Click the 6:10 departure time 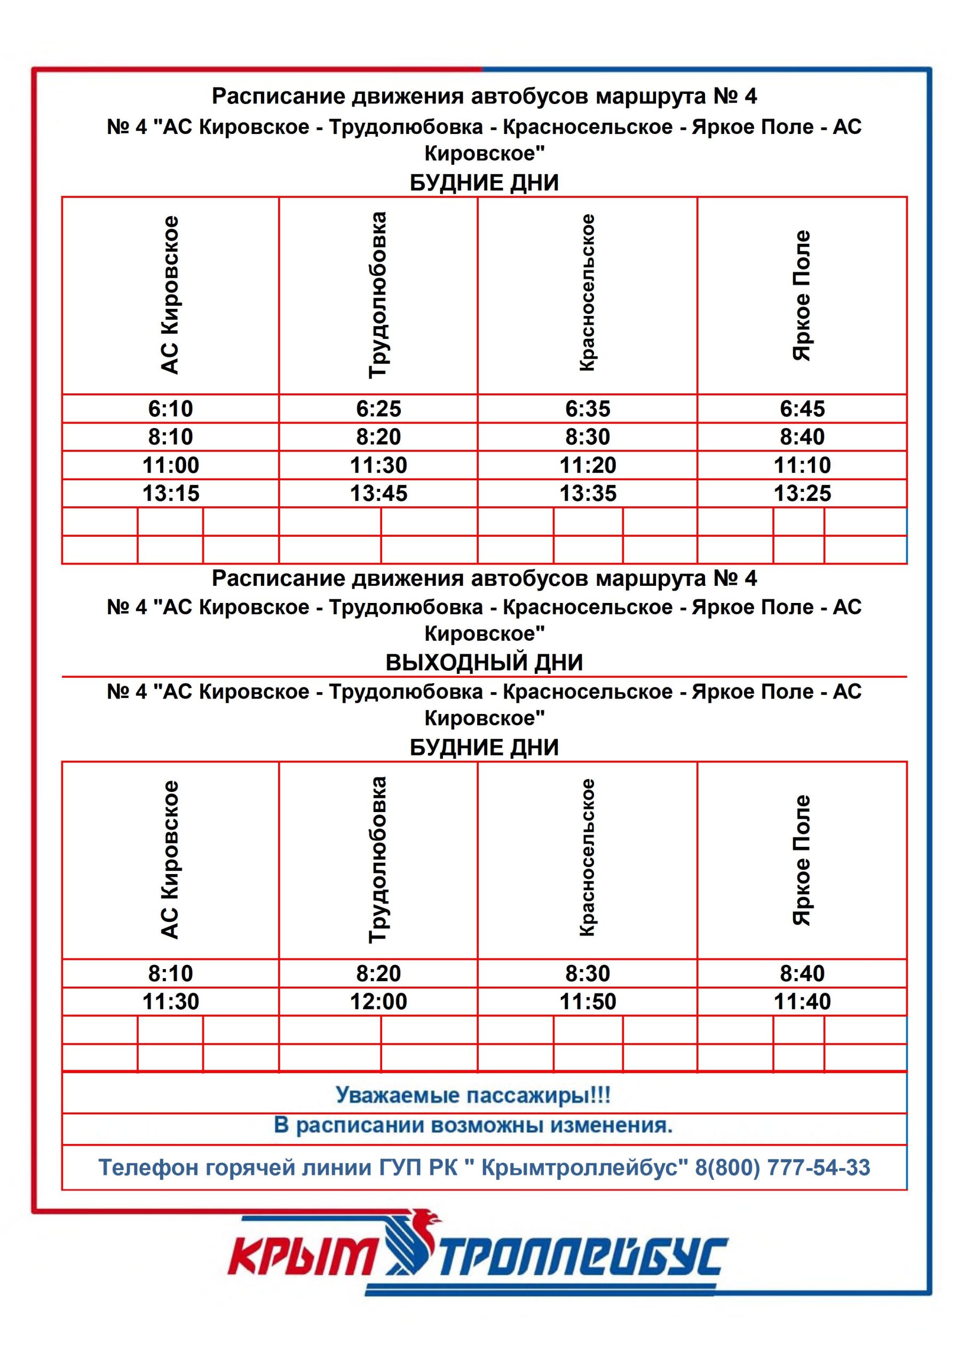pos(170,409)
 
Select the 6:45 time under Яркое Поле pos(802,409)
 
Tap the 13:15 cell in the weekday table pos(170,493)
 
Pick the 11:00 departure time pos(170,465)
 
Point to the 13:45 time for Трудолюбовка pos(378,493)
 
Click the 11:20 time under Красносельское pos(588,465)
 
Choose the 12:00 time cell pos(378,1002)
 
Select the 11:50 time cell pos(588,1002)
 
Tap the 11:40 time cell pos(802,1002)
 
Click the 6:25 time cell pos(378,409)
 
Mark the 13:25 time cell pos(802,493)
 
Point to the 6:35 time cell pos(588,409)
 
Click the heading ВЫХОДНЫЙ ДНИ pos(484,663)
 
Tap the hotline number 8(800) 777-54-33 pos(782,1168)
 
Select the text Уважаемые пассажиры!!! pos(473,1095)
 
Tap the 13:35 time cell pos(588,493)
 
